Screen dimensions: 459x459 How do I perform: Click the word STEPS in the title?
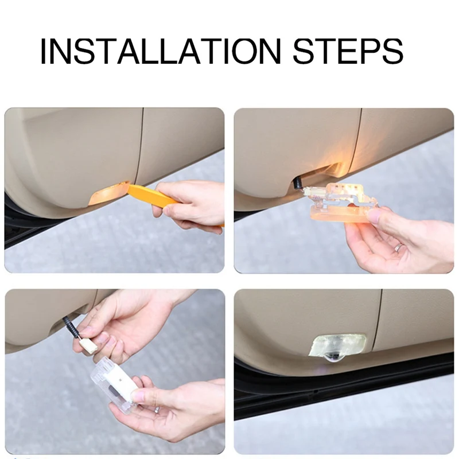(348, 50)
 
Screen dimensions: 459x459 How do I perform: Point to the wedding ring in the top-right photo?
(398, 248)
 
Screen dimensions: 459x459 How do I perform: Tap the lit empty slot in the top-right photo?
(322, 173)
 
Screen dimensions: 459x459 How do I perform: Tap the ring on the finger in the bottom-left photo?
(157, 409)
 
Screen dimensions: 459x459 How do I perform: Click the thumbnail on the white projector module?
(138, 395)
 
